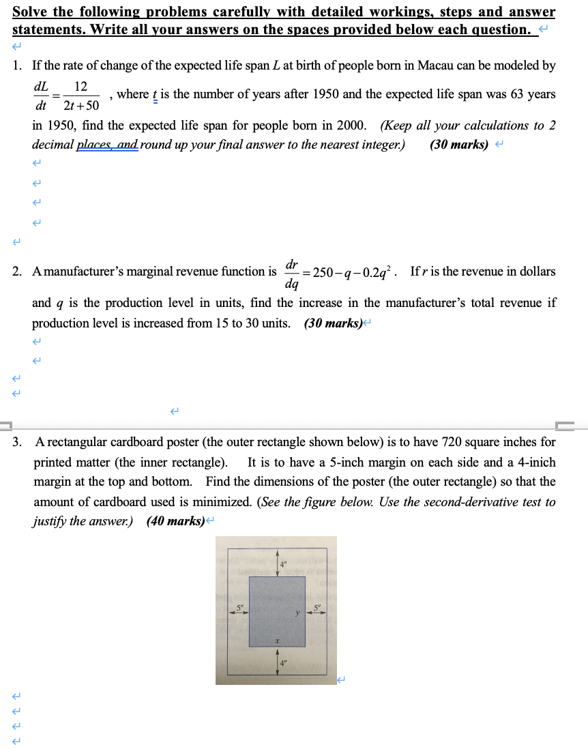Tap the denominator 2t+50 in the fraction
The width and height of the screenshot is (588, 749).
[81, 106]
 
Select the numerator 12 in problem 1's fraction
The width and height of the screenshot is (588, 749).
[80, 87]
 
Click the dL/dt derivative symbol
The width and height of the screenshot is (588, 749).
[41, 96]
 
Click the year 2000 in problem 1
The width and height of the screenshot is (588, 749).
[351, 126]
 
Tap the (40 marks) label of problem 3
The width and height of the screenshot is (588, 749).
[175, 521]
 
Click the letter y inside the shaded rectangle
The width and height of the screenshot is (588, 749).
[297, 613]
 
